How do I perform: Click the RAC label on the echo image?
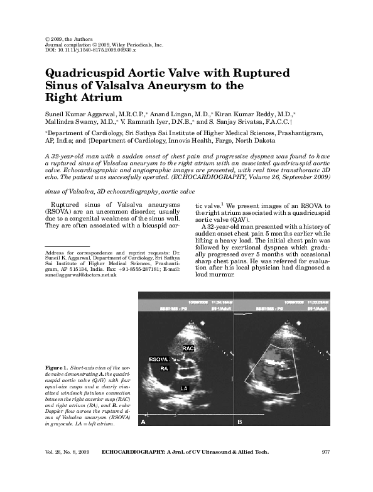pyautogui.click(x=188, y=347)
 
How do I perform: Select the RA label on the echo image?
pyautogui.click(x=164, y=368)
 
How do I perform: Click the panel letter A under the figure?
pyautogui.click(x=143, y=423)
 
